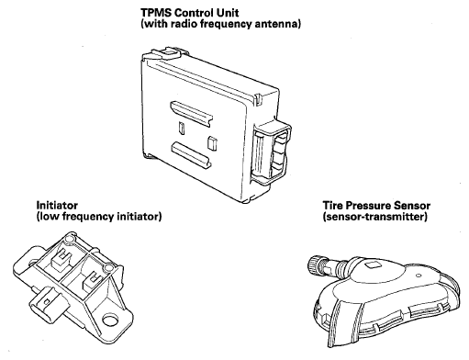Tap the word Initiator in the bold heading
coord(57,205)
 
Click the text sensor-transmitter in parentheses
coord(374,217)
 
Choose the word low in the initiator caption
coord(48,217)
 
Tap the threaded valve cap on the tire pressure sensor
coord(313,264)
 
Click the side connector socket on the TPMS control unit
coord(272,153)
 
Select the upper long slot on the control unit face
coord(192,113)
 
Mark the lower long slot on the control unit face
coord(191,154)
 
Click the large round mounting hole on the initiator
coord(110,321)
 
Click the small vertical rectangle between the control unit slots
coord(181,129)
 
